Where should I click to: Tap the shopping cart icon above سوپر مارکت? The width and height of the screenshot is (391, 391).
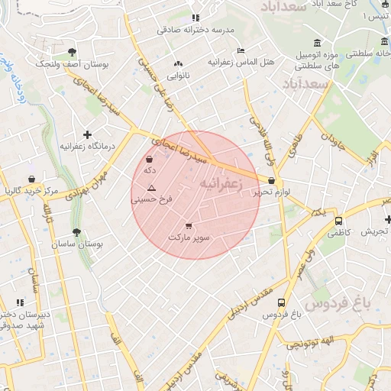[189, 226]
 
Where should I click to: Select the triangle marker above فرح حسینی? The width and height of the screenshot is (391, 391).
[151, 188]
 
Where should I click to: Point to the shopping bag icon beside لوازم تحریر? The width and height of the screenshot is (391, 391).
[272, 181]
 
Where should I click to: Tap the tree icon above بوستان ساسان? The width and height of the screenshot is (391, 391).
[76, 232]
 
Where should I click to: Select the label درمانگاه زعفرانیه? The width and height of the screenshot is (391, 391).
[88, 146]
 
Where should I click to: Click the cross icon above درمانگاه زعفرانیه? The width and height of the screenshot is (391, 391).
[88, 134]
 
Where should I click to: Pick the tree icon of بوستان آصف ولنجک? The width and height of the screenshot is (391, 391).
[72, 53]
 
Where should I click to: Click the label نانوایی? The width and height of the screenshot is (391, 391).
[178, 76]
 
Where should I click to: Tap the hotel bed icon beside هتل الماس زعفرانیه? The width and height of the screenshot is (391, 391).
[241, 50]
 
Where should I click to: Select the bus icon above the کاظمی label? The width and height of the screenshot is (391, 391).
[338, 221]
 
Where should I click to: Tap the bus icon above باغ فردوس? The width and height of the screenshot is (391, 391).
[281, 303]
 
